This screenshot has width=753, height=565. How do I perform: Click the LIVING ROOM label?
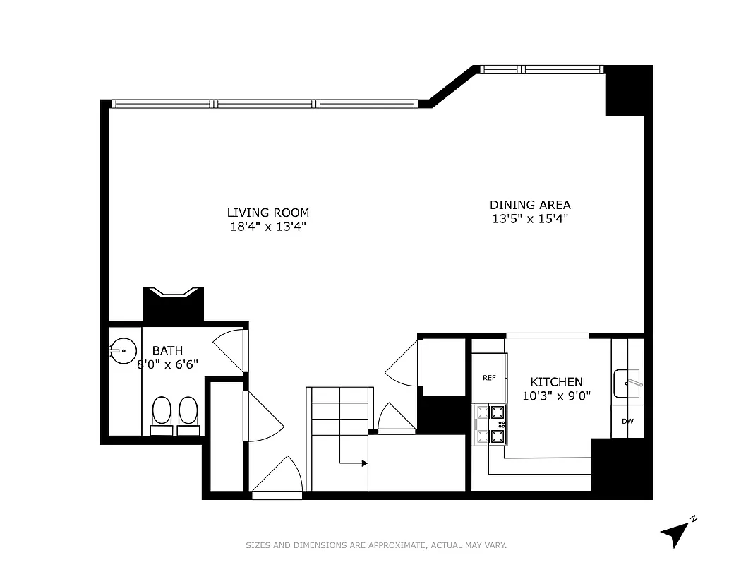(267, 213)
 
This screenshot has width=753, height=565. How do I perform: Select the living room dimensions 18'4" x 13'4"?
(267, 227)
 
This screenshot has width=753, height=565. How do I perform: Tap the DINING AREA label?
(530, 205)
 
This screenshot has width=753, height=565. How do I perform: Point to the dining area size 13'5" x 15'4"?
(530, 219)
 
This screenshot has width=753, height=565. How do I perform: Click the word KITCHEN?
(557, 382)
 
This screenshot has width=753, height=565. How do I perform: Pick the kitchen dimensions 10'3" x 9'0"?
(557, 396)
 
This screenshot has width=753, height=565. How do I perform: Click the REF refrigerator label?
(489, 378)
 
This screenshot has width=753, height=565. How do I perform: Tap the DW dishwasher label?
(627, 422)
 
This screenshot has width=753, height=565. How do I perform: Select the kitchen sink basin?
(626, 383)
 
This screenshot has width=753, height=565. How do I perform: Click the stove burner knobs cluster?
(502, 424)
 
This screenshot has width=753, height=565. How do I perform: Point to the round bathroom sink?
(123, 350)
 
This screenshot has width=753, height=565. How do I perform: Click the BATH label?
(167, 350)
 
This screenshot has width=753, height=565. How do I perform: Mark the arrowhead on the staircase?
(364, 463)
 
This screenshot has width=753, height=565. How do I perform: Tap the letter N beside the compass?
(694, 519)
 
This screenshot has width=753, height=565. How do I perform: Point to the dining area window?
(541, 69)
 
